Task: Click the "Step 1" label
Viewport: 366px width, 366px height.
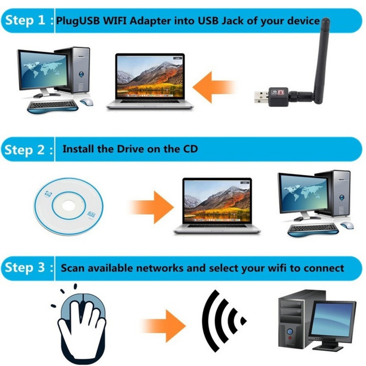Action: [x=27, y=22]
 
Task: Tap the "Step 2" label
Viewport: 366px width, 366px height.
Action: [x=27, y=150]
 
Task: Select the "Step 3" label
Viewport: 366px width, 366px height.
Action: [x=27, y=268]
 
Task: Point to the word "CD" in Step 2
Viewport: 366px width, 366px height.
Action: [x=189, y=149]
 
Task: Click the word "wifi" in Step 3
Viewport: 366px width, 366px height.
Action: [x=272, y=268]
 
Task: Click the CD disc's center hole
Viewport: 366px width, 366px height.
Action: [x=69, y=203]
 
